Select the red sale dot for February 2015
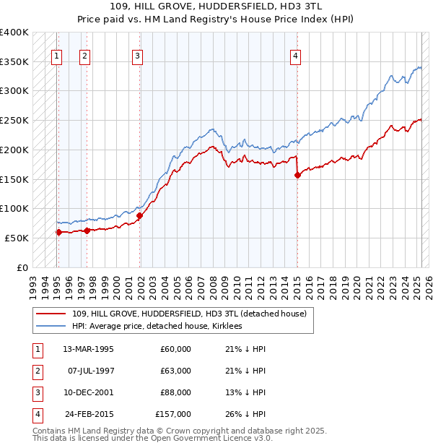297,175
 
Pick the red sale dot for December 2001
140,215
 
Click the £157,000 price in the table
174,414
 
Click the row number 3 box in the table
37,392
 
